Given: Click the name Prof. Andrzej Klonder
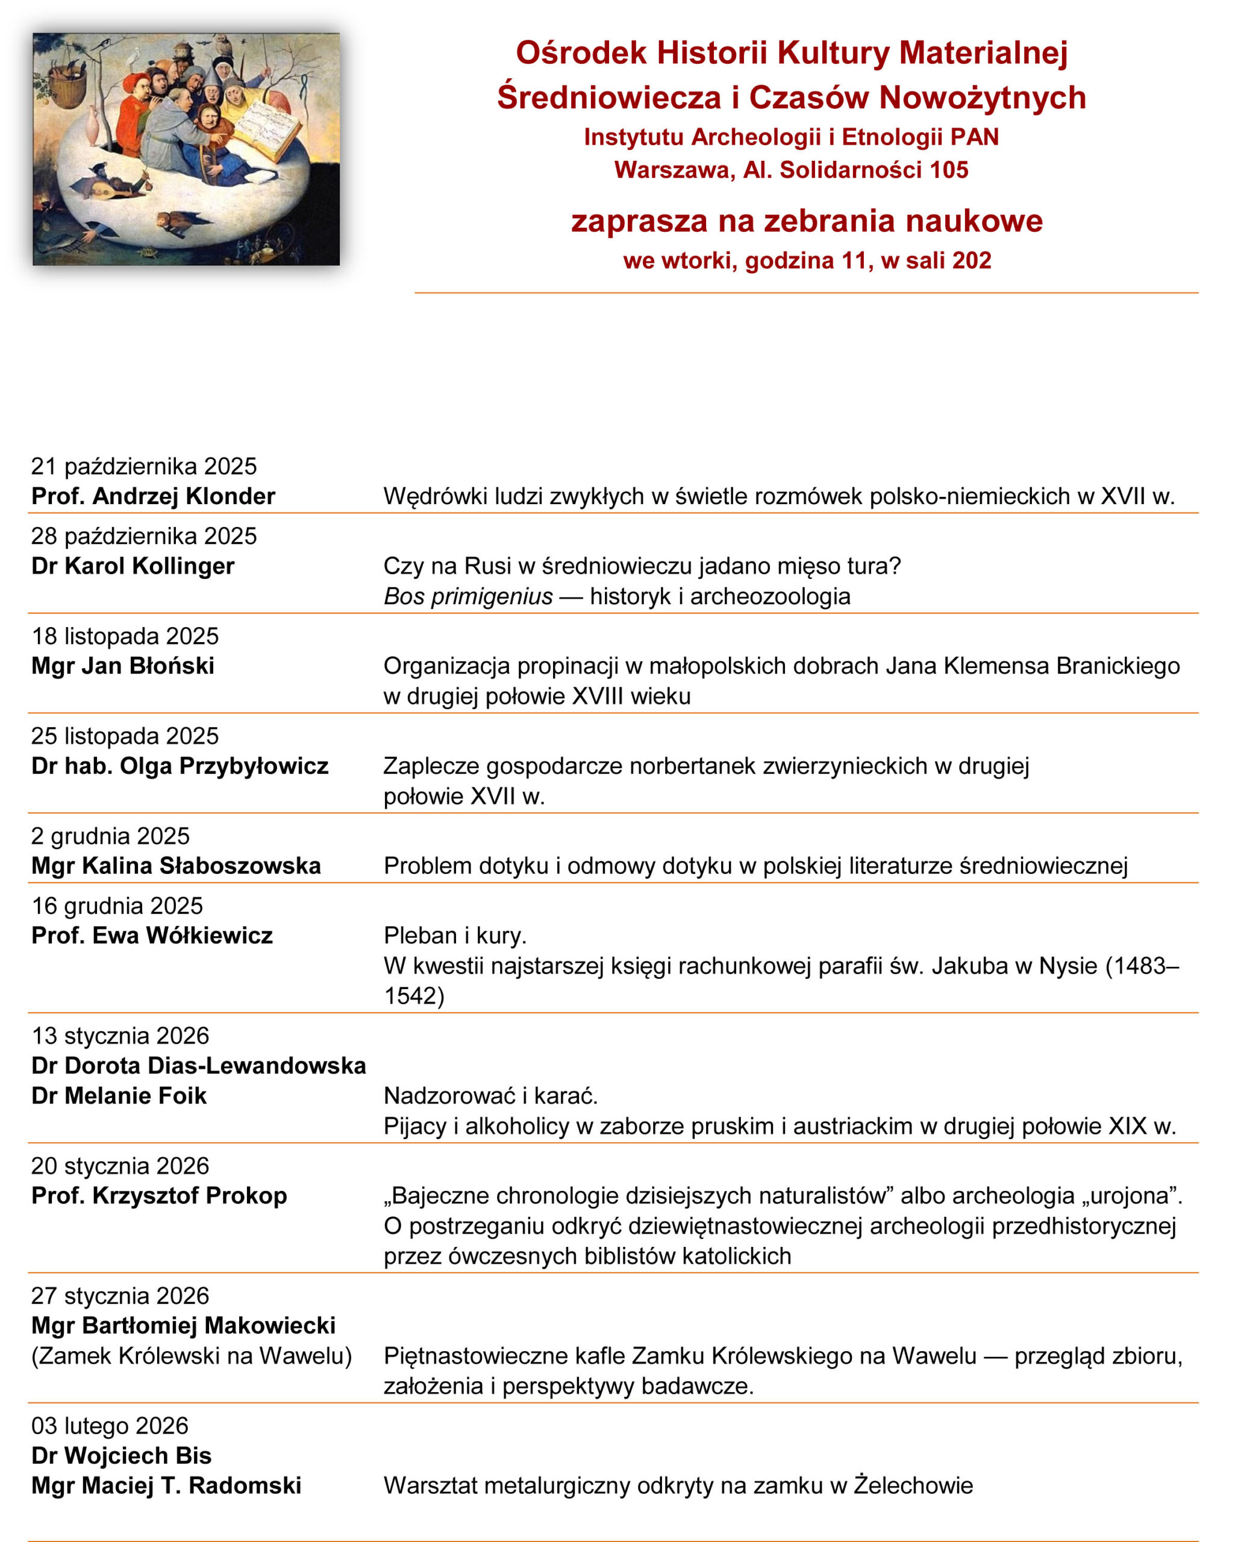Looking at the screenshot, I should [153, 496].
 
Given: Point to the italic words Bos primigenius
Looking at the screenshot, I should [468, 596].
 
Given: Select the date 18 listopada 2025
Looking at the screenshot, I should [125, 636].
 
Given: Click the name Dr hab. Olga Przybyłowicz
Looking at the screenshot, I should [180, 766].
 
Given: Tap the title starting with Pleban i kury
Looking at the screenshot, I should [455, 935].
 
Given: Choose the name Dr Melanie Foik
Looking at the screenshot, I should [119, 1096].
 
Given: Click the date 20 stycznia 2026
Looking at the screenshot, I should [120, 1166].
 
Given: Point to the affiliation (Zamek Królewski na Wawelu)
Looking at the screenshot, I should [192, 1356].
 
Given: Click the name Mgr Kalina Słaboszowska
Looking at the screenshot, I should [176, 866].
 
